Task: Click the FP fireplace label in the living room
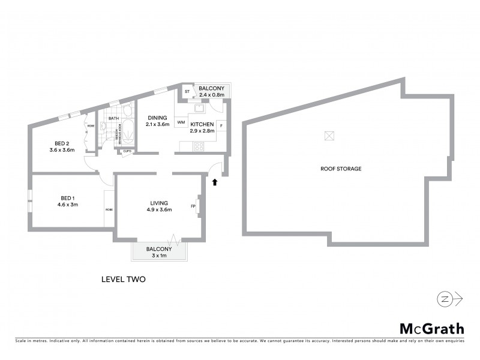(x=193, y=207)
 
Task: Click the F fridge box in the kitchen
(x=221, y=125)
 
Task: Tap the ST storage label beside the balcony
(x=187, y=91)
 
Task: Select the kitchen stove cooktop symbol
(x=199, y=146)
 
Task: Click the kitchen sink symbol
(x=199, y=109)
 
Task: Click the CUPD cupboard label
(x=127, y=151)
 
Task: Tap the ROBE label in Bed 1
(x=109, y=209)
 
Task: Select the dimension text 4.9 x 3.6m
(x=160, y=209)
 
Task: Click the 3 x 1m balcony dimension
(x=159, y=255)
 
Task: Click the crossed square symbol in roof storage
(x=329, y=136)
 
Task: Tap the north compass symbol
(x=443, y=299)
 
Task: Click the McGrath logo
(x=431, y=328)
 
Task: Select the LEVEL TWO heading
(x=124, y=279)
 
